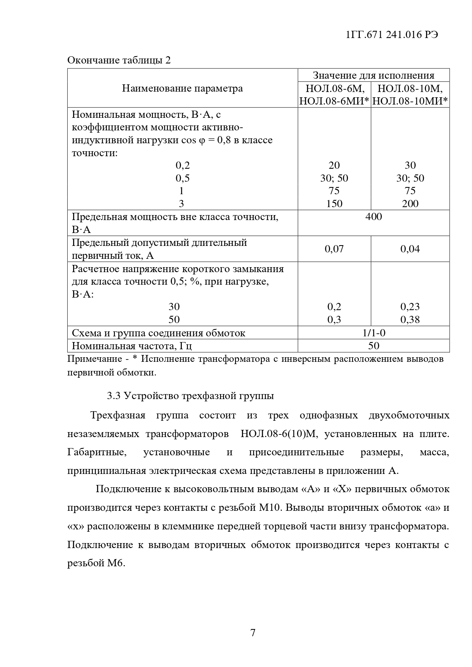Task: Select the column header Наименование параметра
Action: (182, 89)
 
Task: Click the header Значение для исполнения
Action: (373, 75)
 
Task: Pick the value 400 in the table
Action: (373, 217)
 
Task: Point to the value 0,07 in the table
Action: (334, 249)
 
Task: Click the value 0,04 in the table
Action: (410, 249)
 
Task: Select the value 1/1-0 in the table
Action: (373, 333)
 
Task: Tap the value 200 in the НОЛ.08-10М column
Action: (410, 204)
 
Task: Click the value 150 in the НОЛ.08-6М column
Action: (334, 204)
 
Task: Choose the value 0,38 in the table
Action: (410, 320)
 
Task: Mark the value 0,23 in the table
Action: (410, 307)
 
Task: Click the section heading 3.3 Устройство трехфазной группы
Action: (190, 396)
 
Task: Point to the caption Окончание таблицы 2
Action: (119, 60)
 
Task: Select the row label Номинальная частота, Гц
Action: (132, 346)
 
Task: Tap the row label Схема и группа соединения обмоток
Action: (159, 333)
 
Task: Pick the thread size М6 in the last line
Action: (116, 563)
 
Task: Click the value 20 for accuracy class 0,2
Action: (334, 165)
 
